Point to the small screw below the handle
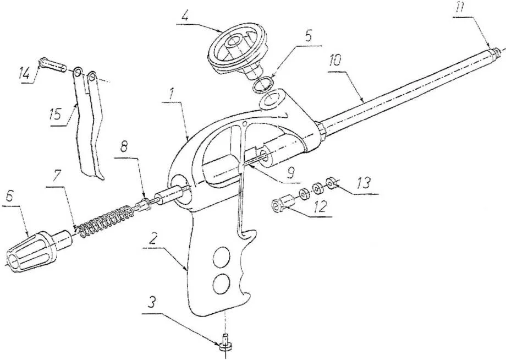[226, 343]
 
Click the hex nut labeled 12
[277, 208]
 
